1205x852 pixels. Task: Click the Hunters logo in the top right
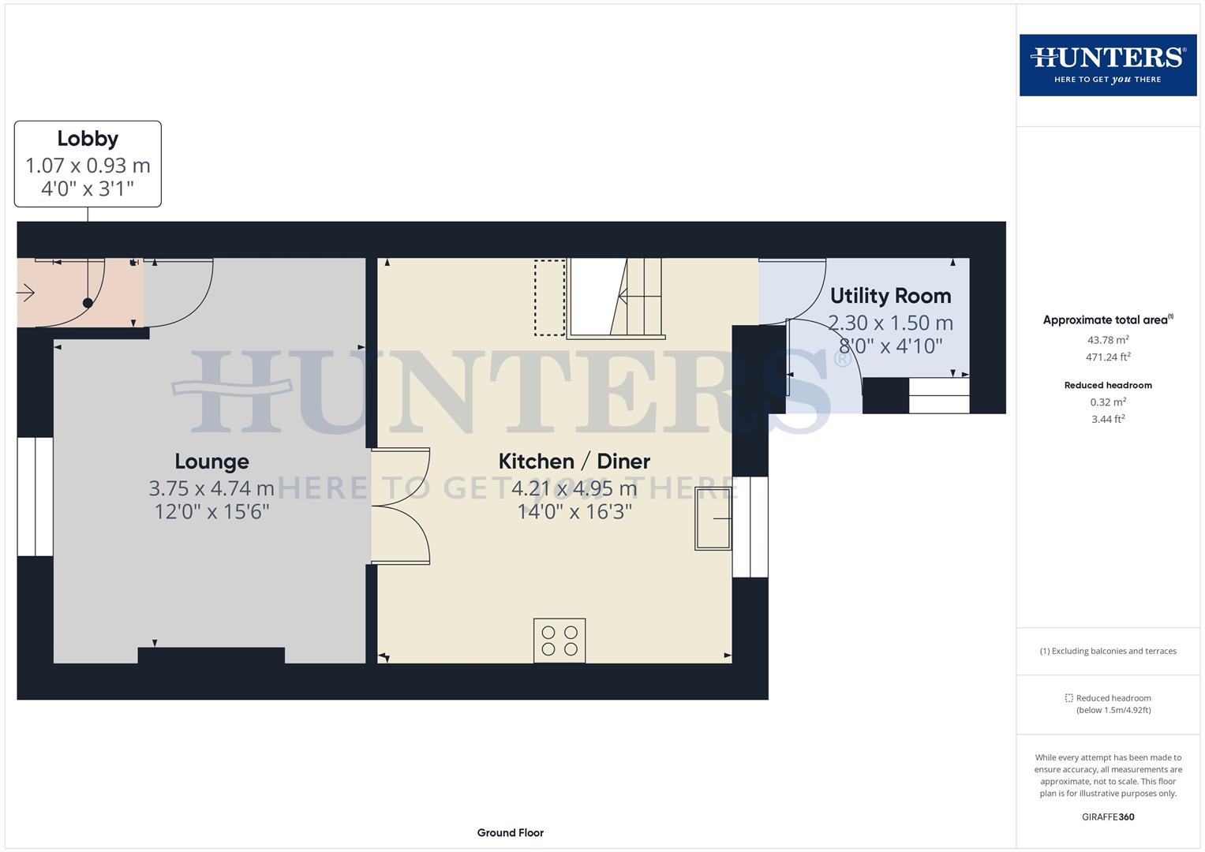(1107, 65)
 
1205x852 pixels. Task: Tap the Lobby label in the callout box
(88, 139)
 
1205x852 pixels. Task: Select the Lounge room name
(211, 461)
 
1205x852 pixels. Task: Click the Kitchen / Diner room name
(574, 461)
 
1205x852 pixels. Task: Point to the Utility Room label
(890, 296)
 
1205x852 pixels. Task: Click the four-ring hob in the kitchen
(559, 640)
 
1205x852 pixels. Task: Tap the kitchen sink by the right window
(713, 518)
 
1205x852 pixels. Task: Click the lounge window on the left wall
(35, 496)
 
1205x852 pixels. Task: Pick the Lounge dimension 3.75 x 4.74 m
(211, 488)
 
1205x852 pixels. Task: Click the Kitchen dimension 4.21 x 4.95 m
(574, 488)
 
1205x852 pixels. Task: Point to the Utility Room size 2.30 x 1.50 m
(890, 323)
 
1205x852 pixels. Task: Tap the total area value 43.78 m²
(1108, 340)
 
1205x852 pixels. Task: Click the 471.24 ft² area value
(1108, 357)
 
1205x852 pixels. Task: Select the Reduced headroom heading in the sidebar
(1108, 385)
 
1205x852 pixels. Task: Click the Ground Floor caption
(510, 832)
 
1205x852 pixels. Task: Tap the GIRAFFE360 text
(1108, 816)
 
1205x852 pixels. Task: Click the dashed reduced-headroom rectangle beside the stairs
(550, 297)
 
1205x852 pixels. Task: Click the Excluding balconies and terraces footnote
(1108, 651)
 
